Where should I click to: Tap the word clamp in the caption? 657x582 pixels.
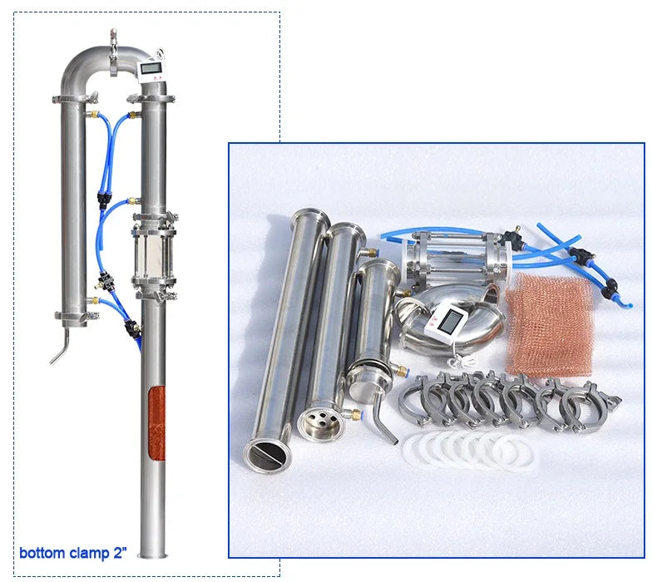click(87, 553)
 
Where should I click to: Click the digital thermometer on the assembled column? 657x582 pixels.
click(152, 70)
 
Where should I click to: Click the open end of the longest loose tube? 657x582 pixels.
click(265, 453)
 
